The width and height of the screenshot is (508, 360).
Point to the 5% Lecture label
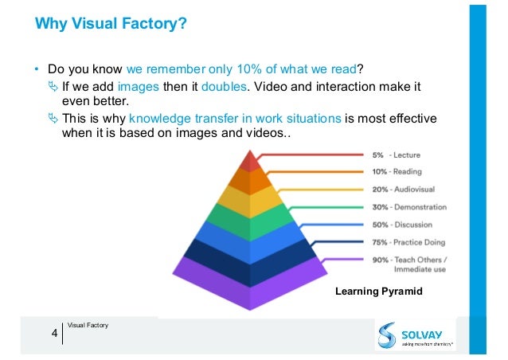(396, 155)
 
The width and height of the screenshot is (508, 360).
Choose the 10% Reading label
(396, 172)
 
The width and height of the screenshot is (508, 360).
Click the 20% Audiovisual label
(403, 190)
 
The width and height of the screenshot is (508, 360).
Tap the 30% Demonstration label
(409, 207)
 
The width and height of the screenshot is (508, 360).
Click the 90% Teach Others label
(408, 264)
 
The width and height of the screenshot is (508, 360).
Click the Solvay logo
(415, 335)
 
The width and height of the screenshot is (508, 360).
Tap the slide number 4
(54, 333)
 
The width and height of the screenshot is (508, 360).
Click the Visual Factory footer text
(88, 325)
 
